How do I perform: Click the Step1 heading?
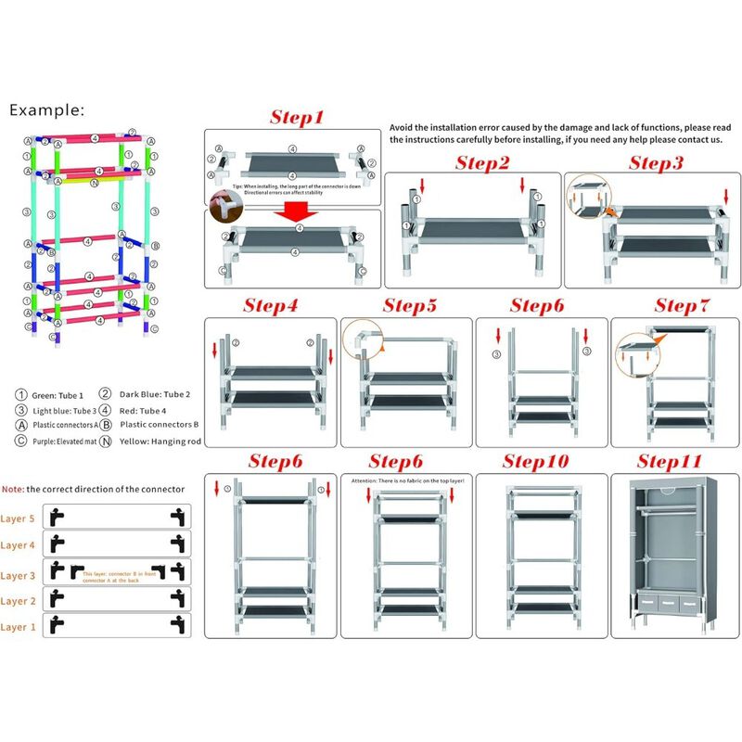tap(297, 118)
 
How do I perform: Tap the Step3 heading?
tap(656, 163)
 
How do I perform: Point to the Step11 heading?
tap(670, 461)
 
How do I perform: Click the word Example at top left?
tap(47, 109)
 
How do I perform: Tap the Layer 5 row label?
tap(19, 519)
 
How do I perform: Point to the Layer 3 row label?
tap(19, 575)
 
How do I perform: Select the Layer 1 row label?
tap(19, 627)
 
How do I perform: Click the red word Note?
tap(12, 488)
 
